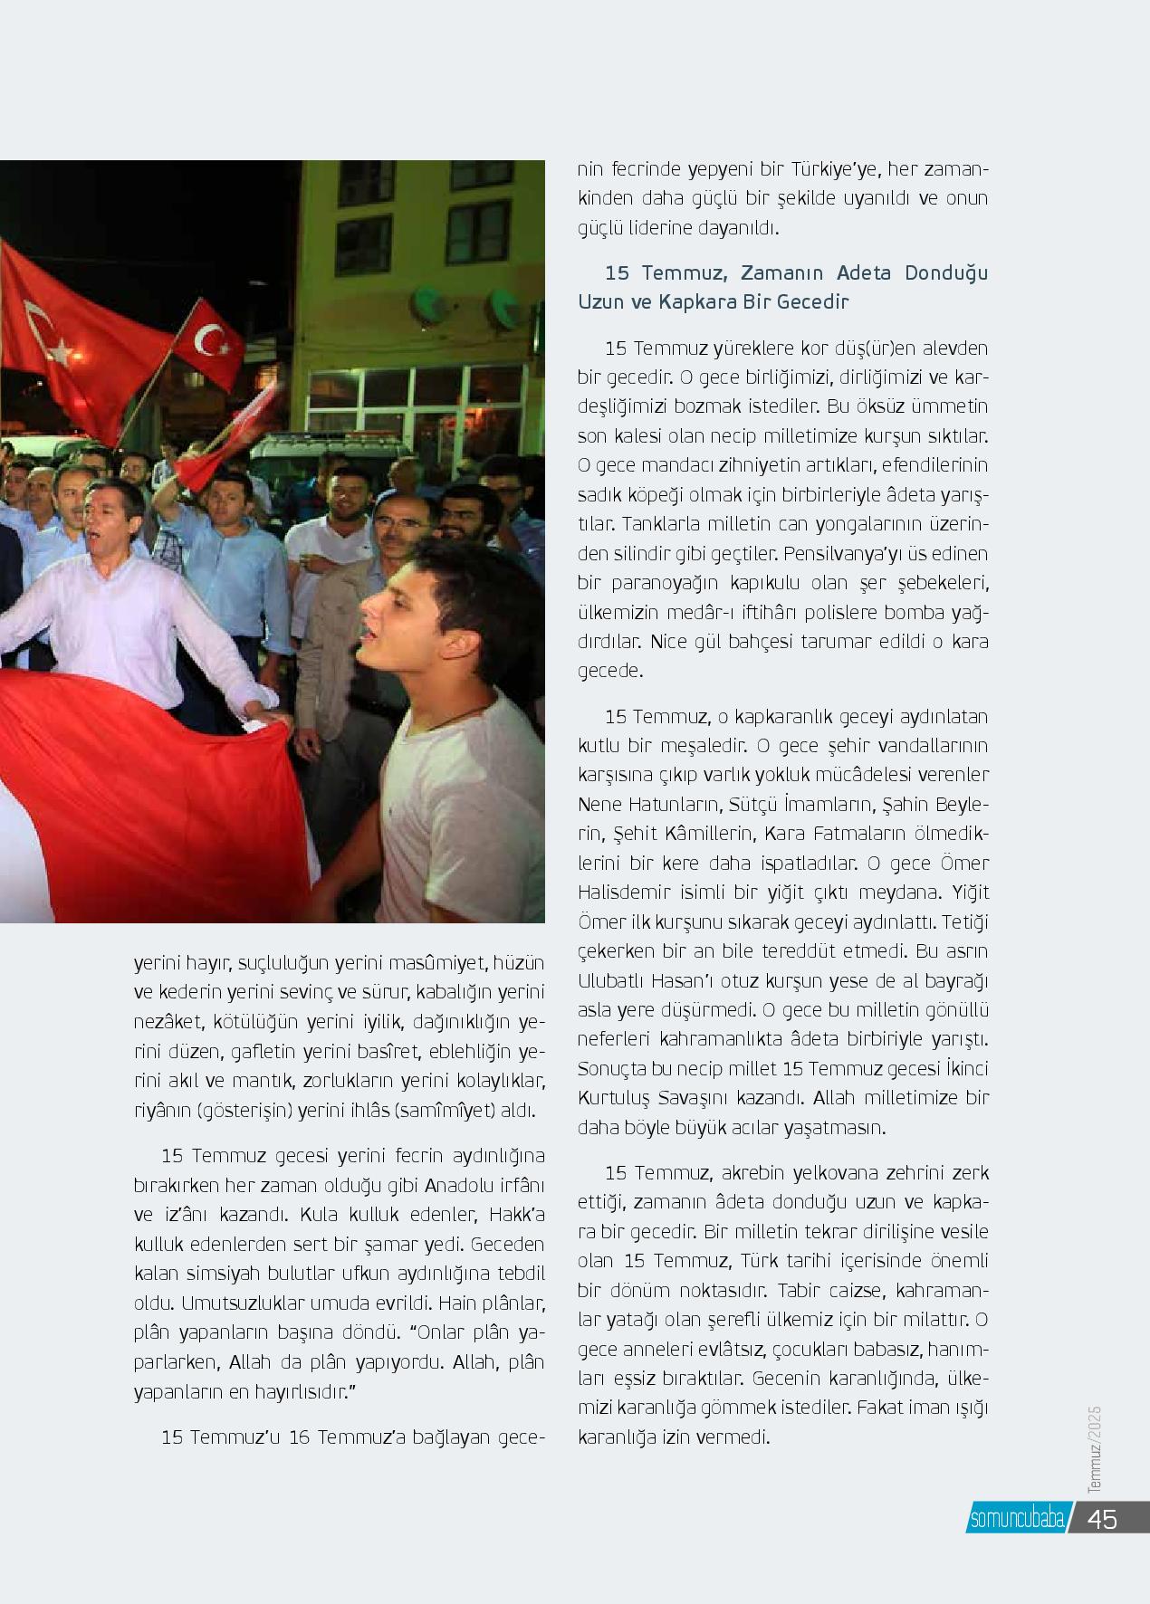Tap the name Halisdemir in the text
pos(618,893)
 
